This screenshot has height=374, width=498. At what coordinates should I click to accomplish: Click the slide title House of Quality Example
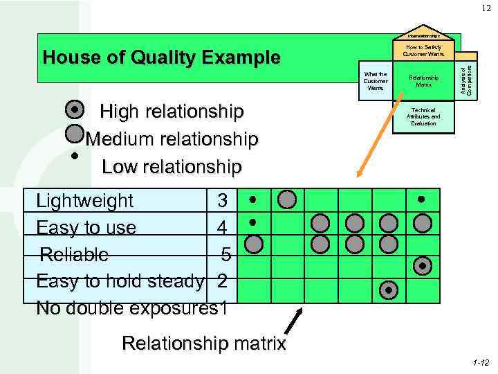pos(161,57)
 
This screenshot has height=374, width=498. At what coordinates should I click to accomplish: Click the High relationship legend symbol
pos(75,109)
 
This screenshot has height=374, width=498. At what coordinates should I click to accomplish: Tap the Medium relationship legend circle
pos(75,133)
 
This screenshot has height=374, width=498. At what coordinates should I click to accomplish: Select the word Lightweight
pos(84,201)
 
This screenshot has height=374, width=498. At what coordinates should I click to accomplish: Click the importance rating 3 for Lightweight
pos(222,201)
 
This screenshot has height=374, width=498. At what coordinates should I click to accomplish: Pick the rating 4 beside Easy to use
pos(221,227)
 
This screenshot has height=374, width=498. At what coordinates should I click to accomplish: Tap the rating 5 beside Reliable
pos(226,254)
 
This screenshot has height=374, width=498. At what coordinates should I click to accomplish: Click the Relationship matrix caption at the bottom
pos(203,343)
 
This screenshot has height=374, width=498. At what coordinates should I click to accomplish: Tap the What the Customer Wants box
pos(376,80)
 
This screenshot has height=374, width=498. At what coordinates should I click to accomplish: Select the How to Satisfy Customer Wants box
pos(424,51)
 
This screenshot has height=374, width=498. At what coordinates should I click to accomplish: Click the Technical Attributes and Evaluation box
pos(423,116)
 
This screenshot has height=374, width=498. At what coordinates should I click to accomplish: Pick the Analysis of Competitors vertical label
pos(469,79)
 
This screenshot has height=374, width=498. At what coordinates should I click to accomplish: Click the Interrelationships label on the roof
pos(424,35)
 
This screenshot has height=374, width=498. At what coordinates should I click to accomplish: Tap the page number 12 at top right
pos(481,8)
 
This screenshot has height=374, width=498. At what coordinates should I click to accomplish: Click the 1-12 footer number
pos(480,363)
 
